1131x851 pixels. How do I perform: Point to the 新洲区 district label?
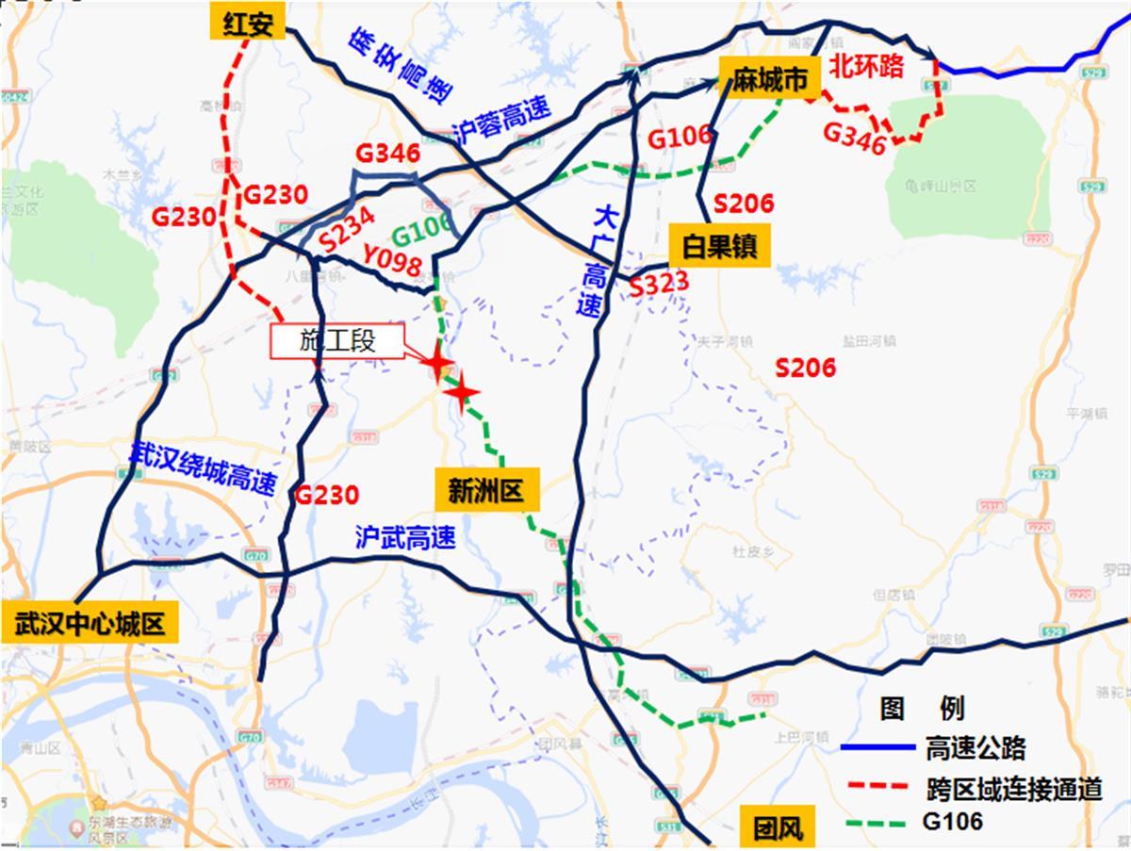point(486,489)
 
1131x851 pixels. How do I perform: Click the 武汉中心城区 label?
point(90,623)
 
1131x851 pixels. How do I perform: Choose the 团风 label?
point(779,828)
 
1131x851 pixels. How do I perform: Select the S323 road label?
point(659,282)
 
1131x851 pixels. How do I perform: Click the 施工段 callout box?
point(337,340)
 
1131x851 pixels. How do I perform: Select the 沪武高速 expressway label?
point(405,537)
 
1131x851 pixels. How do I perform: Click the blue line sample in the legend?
point(877,748)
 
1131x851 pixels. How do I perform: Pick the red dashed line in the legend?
point(877,785)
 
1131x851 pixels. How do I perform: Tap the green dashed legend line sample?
point(877,822)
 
